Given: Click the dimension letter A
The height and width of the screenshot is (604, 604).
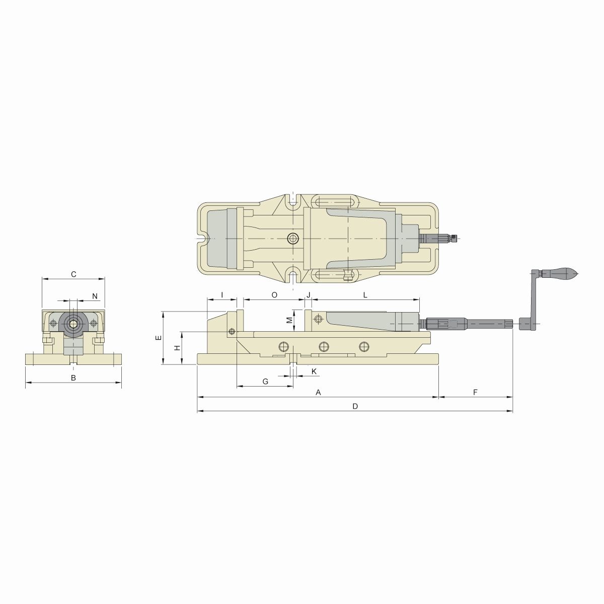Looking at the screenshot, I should point(318,392).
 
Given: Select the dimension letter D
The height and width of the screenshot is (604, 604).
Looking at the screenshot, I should point(355,406).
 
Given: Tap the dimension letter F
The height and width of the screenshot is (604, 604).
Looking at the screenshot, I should point(475,392).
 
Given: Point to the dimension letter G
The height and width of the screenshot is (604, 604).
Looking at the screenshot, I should point(265,382).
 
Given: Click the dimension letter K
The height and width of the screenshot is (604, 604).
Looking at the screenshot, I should point(314,371).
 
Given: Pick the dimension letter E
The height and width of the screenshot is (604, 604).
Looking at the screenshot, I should point(158,338).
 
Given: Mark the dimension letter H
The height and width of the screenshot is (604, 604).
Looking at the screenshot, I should point(177,348).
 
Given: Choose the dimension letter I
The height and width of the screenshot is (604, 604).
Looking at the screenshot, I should point(221,294).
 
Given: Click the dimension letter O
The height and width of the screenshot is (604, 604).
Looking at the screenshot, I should point(274,294).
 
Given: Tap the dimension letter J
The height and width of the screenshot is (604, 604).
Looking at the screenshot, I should point(309,294).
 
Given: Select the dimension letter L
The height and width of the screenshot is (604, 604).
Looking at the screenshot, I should point(365,294).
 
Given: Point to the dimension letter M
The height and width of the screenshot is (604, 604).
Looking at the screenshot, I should point(289,321).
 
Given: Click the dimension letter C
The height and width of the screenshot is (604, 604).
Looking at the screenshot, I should point(73,274).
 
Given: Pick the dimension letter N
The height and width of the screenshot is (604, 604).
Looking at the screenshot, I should point(95,295).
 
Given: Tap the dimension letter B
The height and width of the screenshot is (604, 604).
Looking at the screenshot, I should point(73,377).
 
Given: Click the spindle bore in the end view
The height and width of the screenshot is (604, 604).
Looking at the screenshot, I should point(73,323).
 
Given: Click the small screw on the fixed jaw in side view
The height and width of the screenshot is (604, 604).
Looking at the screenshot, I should point(232,331).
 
